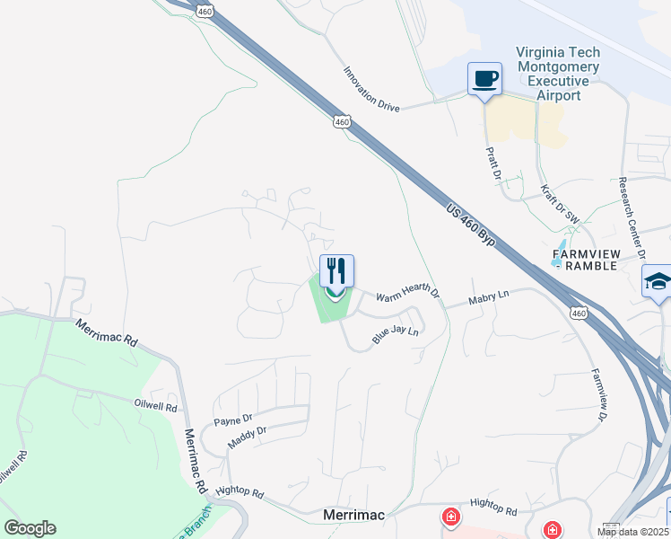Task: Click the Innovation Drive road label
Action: click(371, 88)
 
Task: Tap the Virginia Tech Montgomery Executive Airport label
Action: click(558, 75)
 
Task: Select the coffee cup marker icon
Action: click(484, 79)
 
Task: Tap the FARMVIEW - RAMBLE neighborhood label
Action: click(584, 260)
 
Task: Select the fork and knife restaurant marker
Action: click(336, 270)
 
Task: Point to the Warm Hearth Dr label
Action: click(408, 294)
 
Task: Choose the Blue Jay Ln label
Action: click(396, 336)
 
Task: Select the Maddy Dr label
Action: click(248, 435)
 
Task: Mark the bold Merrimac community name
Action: click(354, 516)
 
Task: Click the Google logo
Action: click(30, 528)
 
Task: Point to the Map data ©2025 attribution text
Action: click(633, 532)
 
